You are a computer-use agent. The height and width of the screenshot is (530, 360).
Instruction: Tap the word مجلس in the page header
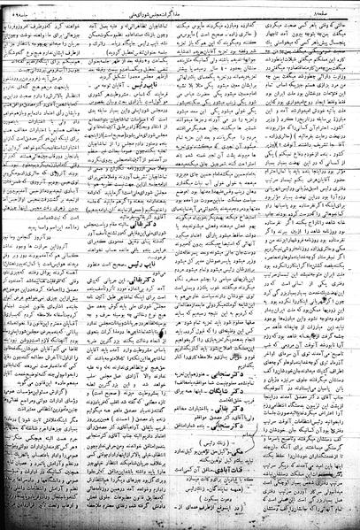(x=188, y=7)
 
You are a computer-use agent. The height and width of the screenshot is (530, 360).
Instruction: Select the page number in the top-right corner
(x=336, y=7)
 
